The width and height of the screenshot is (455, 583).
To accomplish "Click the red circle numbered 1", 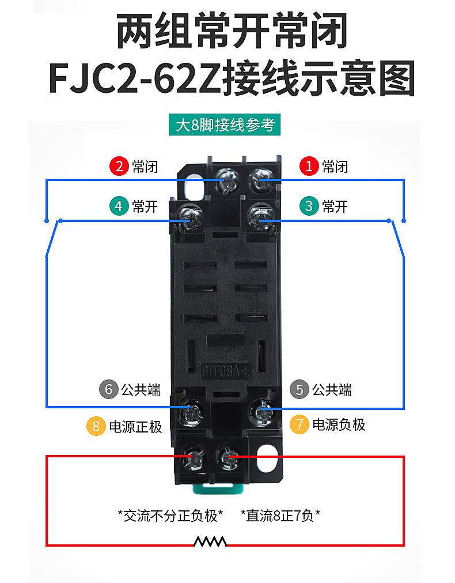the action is [x=309, y=167].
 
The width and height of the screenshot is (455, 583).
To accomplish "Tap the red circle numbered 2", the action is [x=119, y=167].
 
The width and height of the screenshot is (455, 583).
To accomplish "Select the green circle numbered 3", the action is [x=309, y=206].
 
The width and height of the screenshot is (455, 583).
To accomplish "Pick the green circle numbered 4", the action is [x=119, y=206].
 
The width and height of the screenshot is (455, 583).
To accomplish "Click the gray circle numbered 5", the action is [x=299, y=390].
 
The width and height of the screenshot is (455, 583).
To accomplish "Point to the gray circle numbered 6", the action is [x=108, y=390].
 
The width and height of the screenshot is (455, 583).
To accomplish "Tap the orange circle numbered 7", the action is [x=299, y=425].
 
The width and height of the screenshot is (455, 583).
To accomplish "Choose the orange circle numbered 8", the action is [x=96, y=427].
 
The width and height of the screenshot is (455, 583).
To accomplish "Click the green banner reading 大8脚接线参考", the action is [x=225, y=125].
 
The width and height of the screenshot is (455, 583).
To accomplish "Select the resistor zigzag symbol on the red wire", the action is [x=210, y=542].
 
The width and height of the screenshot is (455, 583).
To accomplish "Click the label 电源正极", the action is [x=135, y=427].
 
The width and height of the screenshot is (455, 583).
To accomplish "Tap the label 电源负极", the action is [x=339, y=425].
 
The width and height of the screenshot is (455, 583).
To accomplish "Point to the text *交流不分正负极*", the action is [x=170, y=515].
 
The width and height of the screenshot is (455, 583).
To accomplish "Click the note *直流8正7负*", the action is [x=280, y=515].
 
